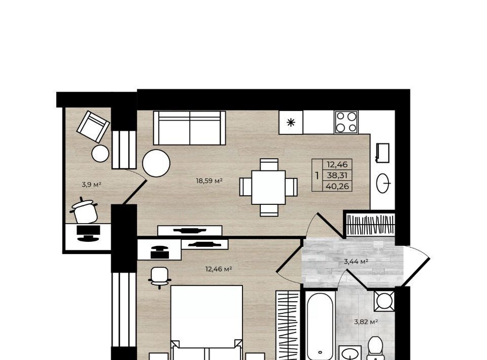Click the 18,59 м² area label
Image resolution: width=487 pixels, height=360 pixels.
[x=210, y=181]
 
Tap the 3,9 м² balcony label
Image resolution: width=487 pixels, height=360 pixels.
[x=92, y=185]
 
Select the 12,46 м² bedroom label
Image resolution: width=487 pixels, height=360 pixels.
[x=219, y=269]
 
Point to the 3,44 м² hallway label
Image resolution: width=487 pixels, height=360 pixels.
[x=356, y=262]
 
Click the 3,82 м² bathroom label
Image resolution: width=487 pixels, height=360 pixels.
[x=366, y=322]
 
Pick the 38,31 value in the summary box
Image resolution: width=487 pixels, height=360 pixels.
[x=337, y=175]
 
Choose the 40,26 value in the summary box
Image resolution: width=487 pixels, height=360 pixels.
[x=337, y=187]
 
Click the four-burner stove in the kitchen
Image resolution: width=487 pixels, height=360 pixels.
[x=346, y=122]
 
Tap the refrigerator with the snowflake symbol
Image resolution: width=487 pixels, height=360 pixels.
[x=291, y=122]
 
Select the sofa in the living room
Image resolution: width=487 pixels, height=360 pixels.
[x=189, y=128]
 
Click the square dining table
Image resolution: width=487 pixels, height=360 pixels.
[x=268, y=187]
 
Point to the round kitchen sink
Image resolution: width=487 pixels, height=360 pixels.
[x=384, y=184]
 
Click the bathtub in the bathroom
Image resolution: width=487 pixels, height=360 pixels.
[x=320, y=325]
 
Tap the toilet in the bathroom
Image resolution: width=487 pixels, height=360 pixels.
[x=375, y=348]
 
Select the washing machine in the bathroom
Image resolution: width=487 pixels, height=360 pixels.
[x=384, y=301]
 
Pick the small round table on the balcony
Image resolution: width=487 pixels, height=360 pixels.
[x=100, y=153]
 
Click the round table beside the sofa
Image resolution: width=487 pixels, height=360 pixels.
[x=156, y=163]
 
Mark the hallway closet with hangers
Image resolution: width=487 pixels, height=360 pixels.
[x=370, y=225]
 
